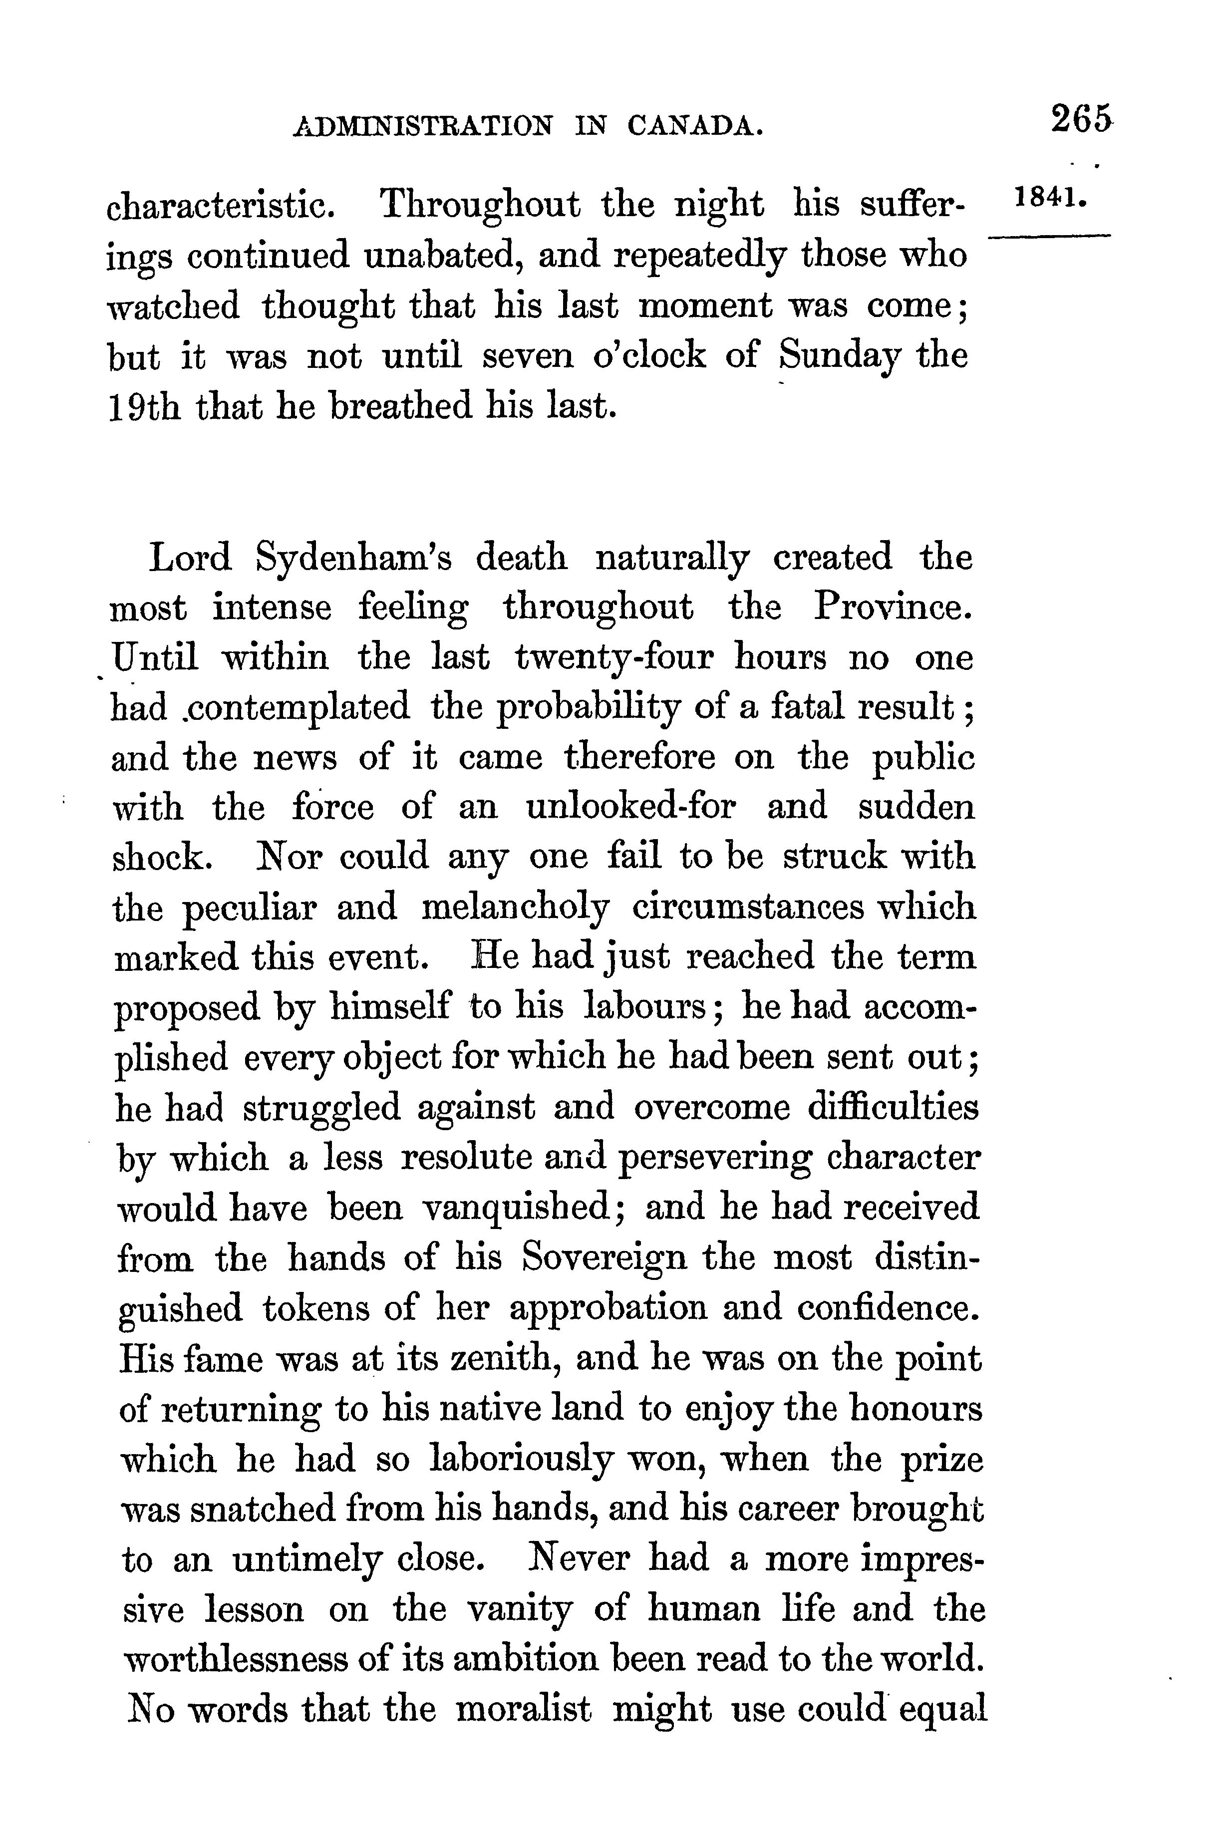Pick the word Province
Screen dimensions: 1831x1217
893,609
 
